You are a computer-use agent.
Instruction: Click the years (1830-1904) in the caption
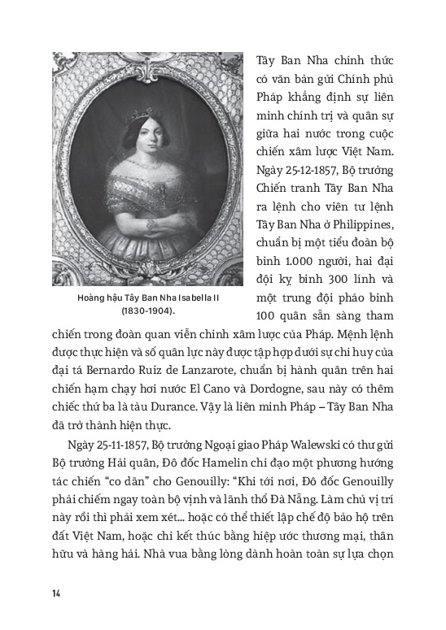143,310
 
